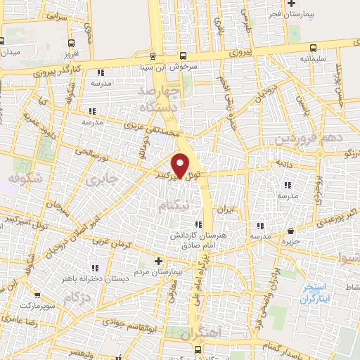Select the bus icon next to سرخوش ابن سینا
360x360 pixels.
(184, 56)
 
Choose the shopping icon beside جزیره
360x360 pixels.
(291, 231)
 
